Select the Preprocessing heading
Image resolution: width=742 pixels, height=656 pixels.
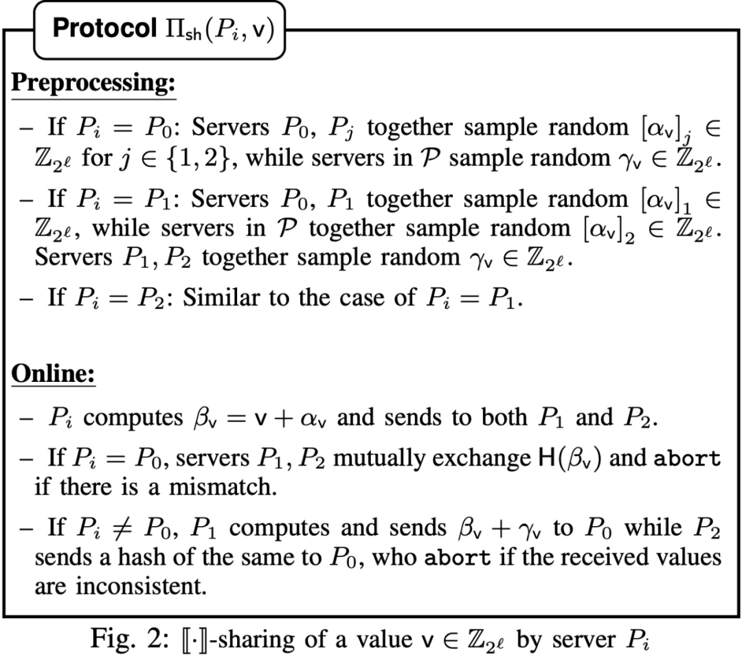(x=93, y=83)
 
